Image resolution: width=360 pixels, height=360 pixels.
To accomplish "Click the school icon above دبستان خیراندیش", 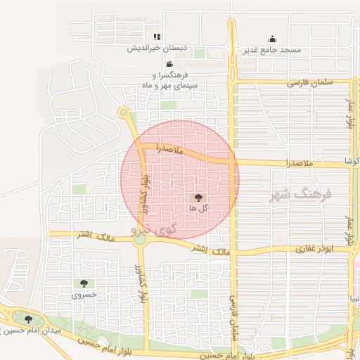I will point(157,37).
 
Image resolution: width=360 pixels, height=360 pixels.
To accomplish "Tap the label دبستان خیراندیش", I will point(157,49).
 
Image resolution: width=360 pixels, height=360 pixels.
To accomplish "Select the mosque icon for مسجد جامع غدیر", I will point(272,39).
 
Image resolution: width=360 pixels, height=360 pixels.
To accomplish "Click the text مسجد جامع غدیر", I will point(272,50).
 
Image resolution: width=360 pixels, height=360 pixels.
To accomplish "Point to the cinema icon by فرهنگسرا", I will point(169,64).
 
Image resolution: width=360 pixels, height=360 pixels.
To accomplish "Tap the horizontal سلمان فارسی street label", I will point(308,83).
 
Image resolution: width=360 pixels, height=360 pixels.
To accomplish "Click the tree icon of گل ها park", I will point(198,198).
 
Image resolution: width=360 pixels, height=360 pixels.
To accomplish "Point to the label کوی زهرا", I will point(154,229).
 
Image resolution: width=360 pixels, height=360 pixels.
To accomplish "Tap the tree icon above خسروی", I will point(84,283).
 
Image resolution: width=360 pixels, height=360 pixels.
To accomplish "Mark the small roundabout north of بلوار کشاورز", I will point(124,112).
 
